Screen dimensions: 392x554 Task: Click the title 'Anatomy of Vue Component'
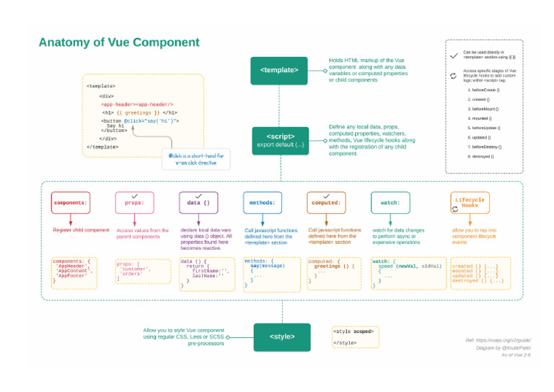[119, 43]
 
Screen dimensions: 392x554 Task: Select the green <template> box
[280, 70]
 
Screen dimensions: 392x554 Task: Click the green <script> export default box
[280, 141]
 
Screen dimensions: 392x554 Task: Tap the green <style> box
[281, 336]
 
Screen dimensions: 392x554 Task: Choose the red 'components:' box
[71, 203]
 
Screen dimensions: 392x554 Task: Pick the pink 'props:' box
[134, 203]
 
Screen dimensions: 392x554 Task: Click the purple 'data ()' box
[198, 203]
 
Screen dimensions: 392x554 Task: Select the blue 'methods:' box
[262, 203]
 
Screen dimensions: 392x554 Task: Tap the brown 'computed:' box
[326, 203]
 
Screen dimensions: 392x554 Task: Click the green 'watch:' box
[390, 203]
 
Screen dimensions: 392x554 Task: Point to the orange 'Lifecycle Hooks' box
[470, 202]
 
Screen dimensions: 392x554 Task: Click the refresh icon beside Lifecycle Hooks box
[454, 209]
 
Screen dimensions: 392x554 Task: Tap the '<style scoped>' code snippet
[353, 331]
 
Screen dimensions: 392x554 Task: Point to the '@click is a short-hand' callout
[197, 158]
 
